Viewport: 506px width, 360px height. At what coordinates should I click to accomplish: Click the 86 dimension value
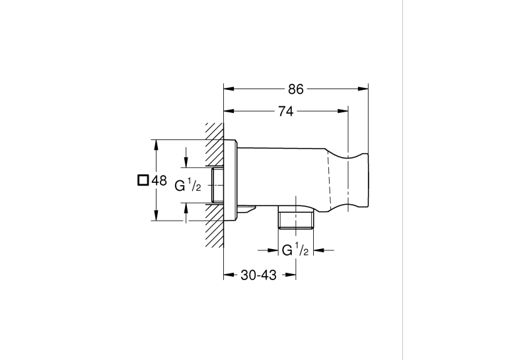[296, 89]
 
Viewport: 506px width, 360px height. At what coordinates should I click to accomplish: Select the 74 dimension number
[285, 111]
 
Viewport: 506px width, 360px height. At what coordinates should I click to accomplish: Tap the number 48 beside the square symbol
[159, 180]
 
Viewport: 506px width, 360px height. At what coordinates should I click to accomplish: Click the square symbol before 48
[143, 180]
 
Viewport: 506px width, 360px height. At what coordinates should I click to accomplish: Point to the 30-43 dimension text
[258, 275]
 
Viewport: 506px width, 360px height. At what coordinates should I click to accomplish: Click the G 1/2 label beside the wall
[188, 186]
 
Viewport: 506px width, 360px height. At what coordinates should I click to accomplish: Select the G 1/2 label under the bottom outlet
[295, 250]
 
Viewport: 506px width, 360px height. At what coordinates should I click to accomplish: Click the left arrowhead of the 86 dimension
[229, 89]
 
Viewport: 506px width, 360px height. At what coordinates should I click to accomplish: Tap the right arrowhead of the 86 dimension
[363, 89]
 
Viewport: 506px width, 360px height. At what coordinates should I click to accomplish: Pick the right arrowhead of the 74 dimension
[343, 111]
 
